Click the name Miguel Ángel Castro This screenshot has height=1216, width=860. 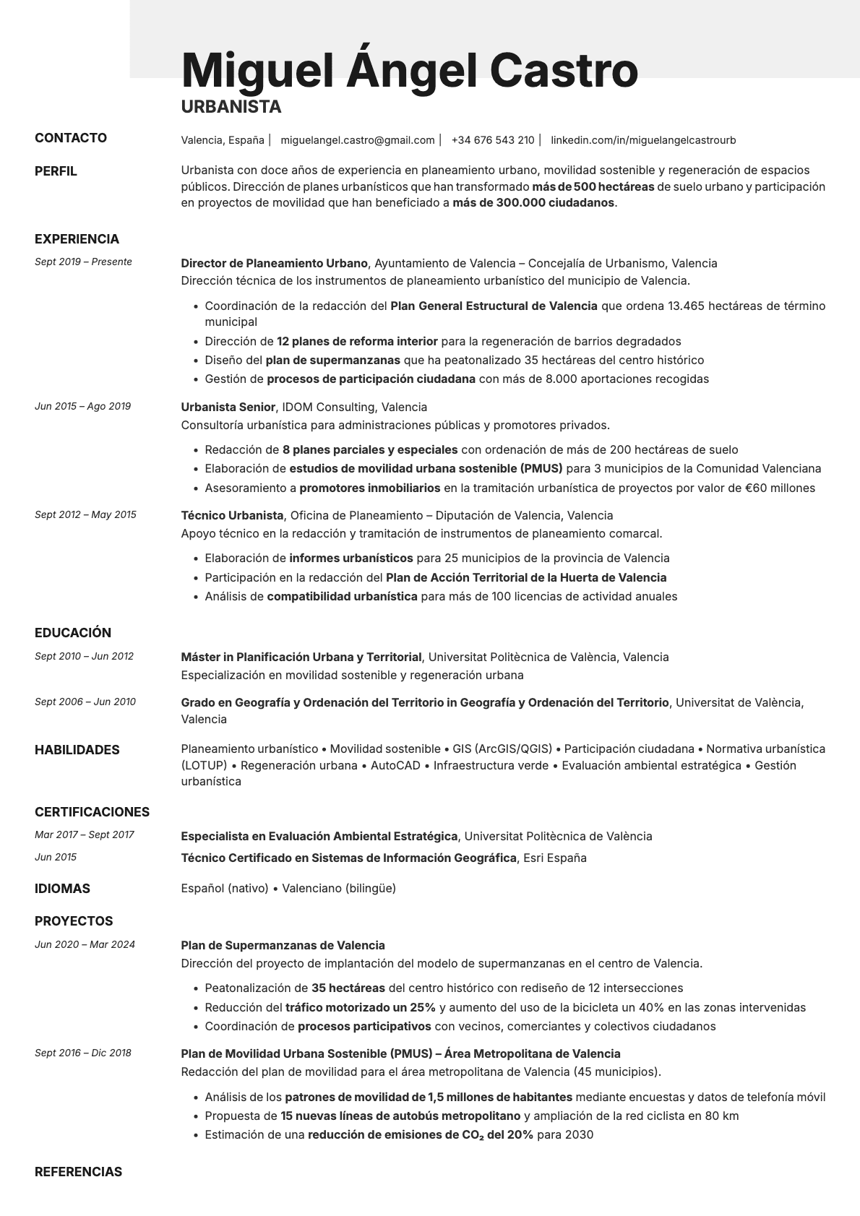click(409, 70)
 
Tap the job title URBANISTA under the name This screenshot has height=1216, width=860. click(231, 107)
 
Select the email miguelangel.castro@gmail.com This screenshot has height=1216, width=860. click(357, 140)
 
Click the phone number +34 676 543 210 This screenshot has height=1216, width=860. click(492, 140)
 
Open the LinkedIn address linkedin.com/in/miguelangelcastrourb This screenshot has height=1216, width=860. click(642, 140)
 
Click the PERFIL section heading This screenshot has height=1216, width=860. click(56, 171)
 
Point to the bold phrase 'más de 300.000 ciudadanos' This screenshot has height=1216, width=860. click(533, 203)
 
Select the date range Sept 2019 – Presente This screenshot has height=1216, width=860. click(83, 262)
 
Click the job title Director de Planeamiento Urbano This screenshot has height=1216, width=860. click(274, 263)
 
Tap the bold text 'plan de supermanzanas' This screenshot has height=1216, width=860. click(332, 360)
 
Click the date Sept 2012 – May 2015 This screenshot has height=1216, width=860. click(85, 515)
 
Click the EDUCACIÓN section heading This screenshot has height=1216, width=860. click(73, 633)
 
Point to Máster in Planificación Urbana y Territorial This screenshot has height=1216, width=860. click(301, 657)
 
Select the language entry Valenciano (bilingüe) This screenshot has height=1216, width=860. click(339, 888)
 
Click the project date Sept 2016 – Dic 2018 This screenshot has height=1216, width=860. click(83, 1053)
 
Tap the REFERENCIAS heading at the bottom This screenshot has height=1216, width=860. click(78, 1172)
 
